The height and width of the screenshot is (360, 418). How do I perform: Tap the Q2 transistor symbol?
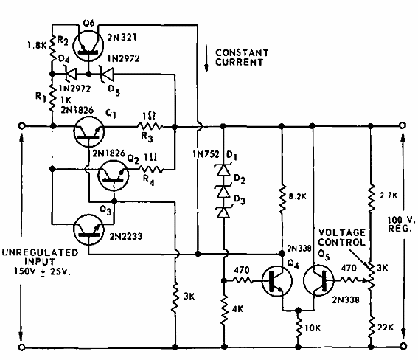tap(111, 175)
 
